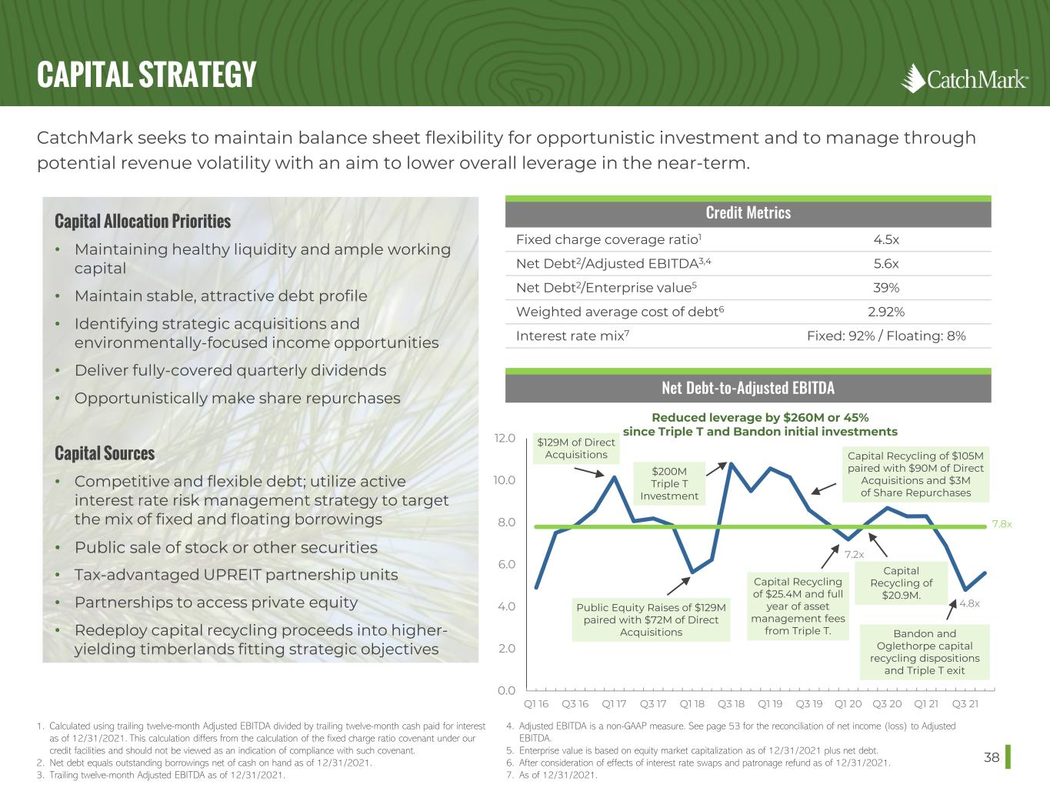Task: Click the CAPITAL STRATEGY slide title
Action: coord(146,75)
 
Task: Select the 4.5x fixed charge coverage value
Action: coord(886,239)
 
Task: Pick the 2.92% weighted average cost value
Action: coord(886,312)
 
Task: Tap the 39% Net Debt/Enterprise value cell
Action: coord(886,288)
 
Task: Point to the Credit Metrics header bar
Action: coord(748,212)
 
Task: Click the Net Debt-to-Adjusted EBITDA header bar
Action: coord(748,387)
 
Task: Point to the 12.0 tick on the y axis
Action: coord(504,439)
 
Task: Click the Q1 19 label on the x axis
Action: coord(770,703)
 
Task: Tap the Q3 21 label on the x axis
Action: coord(965,703)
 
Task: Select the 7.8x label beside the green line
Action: coord(1002,524)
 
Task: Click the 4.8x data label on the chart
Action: coord(969,603)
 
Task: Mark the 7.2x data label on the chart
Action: coord(854,554)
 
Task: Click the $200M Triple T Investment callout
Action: coord(669,483)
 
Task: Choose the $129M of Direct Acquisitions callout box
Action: coord(576,448)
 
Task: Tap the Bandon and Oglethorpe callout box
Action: coord(925,652)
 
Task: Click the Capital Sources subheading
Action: coord(105,453)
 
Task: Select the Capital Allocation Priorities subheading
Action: coord(142,222)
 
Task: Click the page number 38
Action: coord(992,757)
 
